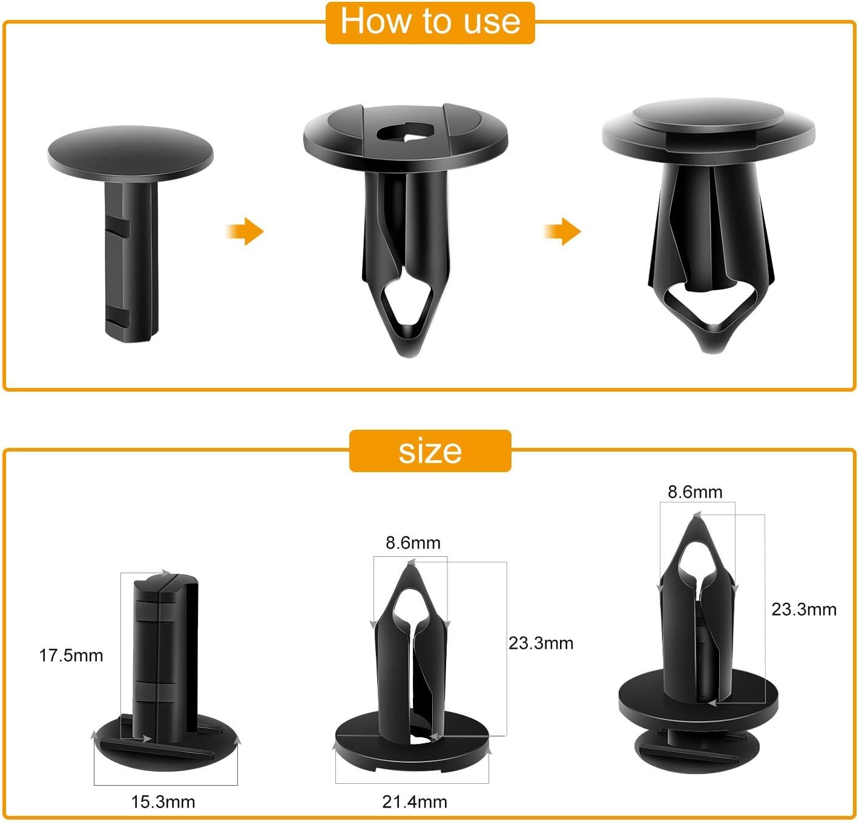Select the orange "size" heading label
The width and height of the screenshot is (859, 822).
pos(430,451)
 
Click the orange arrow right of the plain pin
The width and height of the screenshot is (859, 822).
pos(245,231)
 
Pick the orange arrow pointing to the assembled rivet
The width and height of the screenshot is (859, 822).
pos(562,231)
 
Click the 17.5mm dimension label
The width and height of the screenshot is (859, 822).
pos(71,656)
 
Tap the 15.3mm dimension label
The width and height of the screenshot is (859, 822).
pos(163,802)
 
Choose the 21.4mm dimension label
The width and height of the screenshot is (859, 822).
pos(415,802)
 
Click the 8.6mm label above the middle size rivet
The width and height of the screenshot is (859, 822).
pos(413,543)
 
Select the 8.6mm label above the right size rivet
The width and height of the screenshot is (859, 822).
pos(695,492)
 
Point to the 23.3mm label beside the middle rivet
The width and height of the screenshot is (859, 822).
pos(541,643)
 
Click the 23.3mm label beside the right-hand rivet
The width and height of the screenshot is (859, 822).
pos(805,610)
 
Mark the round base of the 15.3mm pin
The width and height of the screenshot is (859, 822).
pos(165,745)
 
